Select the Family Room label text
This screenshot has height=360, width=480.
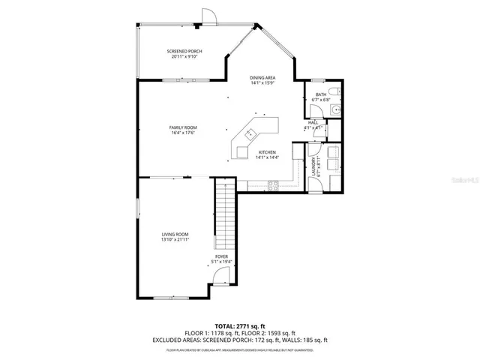pyautogui.click(x=181, y=128)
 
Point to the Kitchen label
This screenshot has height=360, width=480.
pyautogui.click(x=268, y=152)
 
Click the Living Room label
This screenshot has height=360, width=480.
pyautogui.click(x=175, y=235)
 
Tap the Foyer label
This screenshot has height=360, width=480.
pyautogui.click(x=221, y=256)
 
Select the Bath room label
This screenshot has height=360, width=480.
pyautogui.click(x=320, y=94)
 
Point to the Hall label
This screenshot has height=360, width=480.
pyautogui.click(x=313, y=122)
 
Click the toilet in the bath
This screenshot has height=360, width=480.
pyautogui.click(x=337, y=92)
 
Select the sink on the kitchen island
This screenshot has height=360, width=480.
pyautogui.click(x=249, y=135)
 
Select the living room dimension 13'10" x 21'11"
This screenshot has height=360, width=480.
pyautogui.click(x=175, y=240)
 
